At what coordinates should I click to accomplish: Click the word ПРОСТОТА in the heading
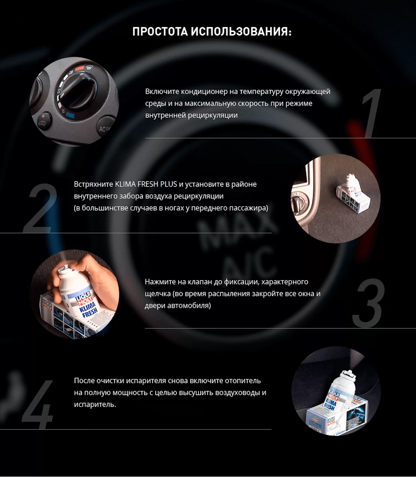[160, 31]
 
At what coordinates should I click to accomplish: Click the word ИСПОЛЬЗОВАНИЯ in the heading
[241, 31]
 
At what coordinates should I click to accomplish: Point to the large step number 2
[40, 208]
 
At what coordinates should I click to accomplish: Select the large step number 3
[369, 303]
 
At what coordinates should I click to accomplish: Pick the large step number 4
[37, 405]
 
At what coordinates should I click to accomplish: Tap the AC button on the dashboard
[106, 126]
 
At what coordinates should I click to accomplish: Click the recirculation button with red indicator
[44, 120]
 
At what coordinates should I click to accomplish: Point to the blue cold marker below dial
[70, 115]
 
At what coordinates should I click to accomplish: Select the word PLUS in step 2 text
[168, 184]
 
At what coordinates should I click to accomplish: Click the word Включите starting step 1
[162, 91]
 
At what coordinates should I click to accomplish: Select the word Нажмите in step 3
[161, 282]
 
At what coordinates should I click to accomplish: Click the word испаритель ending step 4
[95, 404]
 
